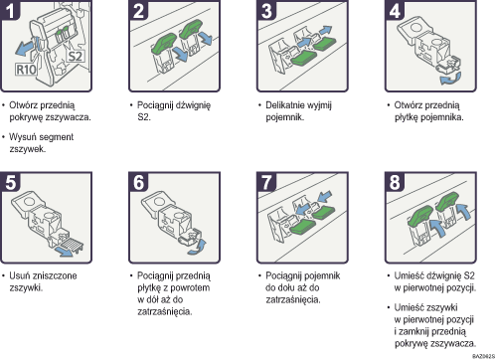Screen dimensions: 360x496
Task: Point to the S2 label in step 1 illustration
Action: pyautogui.click(x=75, y=58)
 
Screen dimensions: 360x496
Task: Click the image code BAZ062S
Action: pyautogui.click(x=477, y=353)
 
